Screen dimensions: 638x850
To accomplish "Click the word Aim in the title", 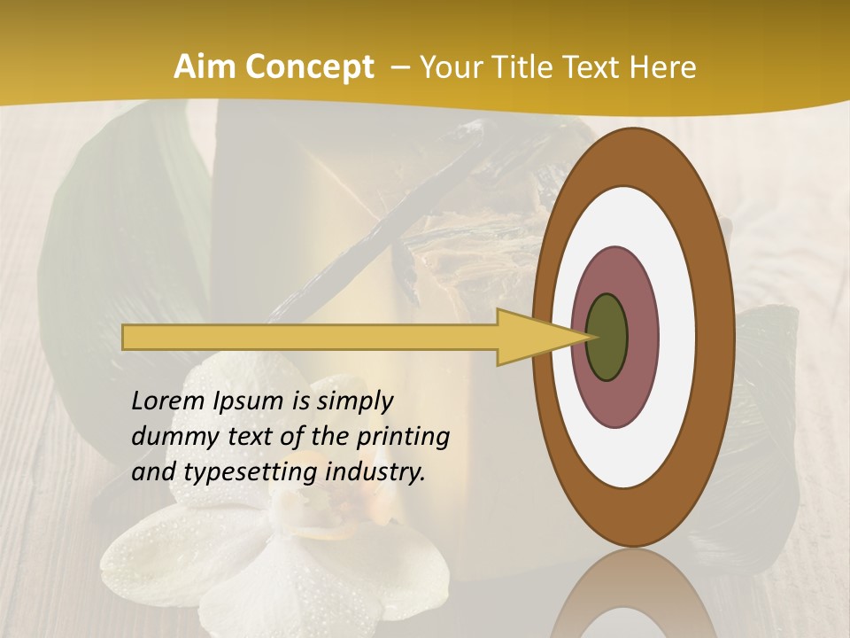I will point(205,67).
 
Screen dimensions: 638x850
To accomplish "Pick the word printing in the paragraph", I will point(404,437).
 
